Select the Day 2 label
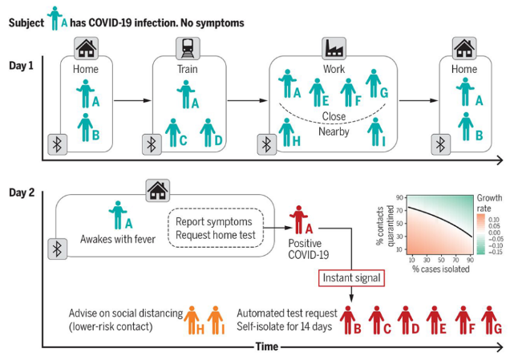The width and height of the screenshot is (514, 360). [23, 192]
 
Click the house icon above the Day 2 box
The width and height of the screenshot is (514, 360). [157, 190]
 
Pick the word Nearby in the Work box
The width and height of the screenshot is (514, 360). [334, 131]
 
